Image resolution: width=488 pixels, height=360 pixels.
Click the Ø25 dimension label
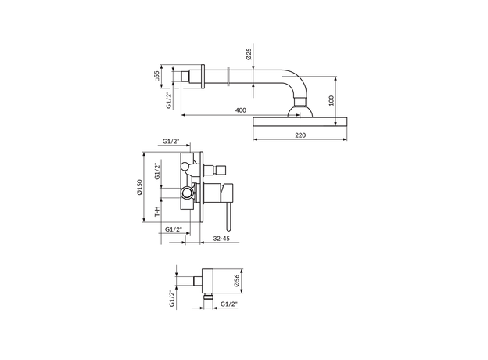249,53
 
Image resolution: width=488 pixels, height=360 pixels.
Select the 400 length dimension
241,110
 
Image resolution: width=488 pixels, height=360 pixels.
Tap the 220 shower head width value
300,135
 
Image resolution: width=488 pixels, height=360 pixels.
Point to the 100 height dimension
331,101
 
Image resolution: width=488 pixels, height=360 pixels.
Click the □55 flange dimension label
156,75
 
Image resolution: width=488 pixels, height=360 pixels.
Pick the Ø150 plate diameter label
139,187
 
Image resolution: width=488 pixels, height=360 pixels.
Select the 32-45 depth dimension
221,239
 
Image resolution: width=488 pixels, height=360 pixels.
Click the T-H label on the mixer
157,211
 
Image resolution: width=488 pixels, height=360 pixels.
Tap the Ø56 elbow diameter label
236,280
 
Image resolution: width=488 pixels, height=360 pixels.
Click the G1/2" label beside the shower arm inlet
169,100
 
